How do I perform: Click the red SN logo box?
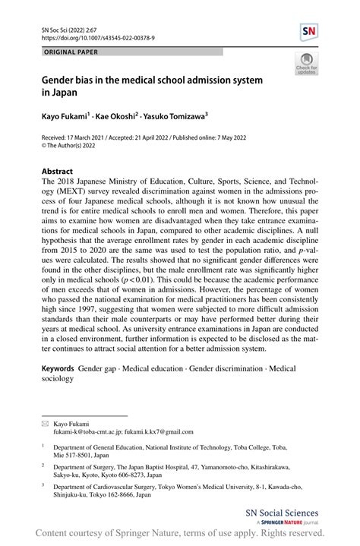pyautogui.click(x=309, y=31)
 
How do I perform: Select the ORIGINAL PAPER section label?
pyautogui.click(x=72, y=52)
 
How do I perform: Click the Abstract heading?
pyautogui.click(x=57, y=172)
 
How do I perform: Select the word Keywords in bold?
pyautogui.click(x=57, y=367)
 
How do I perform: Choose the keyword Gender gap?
pyautogui.click(x=102, y=367)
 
